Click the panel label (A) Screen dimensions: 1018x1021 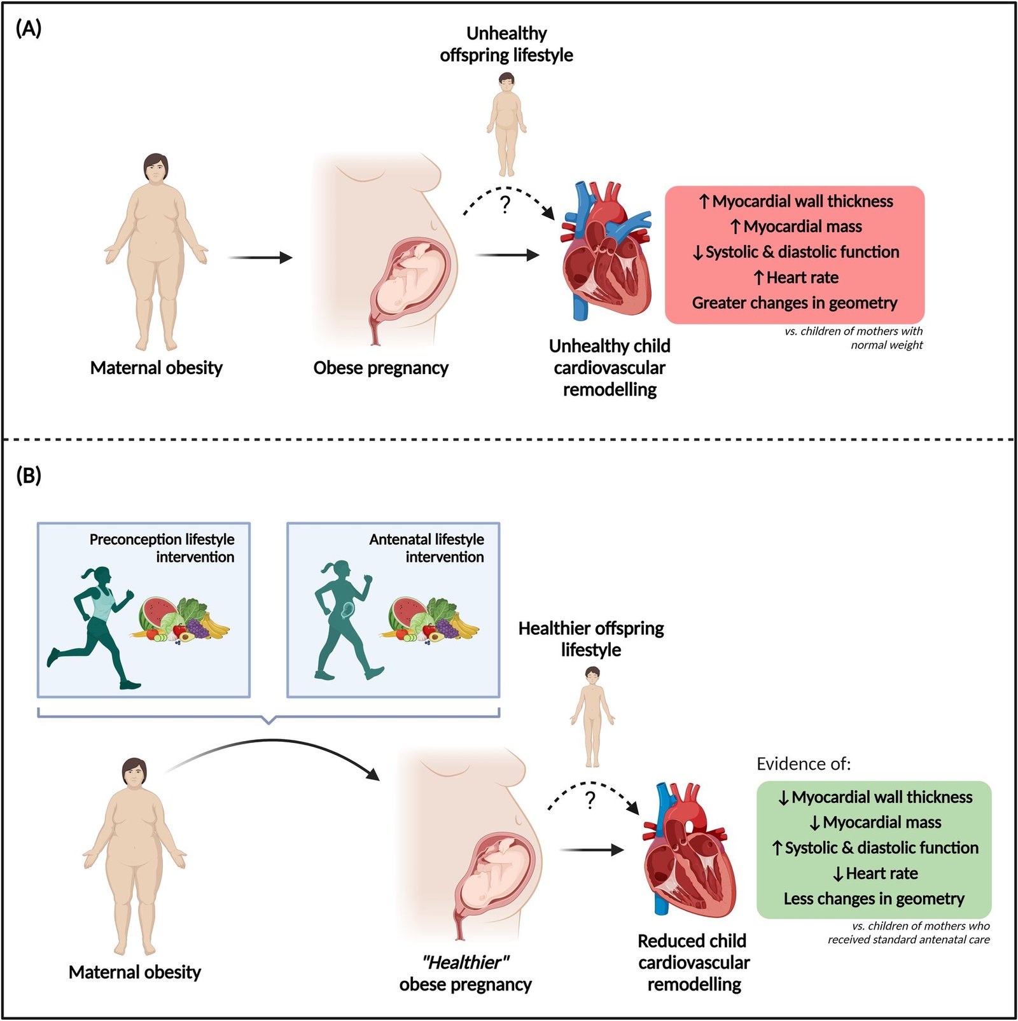pos(29,29)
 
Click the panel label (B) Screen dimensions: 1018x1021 pos(29,475)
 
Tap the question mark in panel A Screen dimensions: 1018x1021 pos(505,204)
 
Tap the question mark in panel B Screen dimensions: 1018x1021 pos(590,800)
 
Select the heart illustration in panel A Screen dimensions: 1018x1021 pos(606,249)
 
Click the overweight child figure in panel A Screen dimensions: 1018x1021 pos(506,125)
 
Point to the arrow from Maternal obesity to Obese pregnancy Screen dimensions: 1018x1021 pos(260,258)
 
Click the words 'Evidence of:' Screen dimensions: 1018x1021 pos(804,763)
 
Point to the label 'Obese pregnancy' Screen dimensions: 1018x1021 pos(380,368)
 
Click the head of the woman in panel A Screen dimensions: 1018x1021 pos(156,169)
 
